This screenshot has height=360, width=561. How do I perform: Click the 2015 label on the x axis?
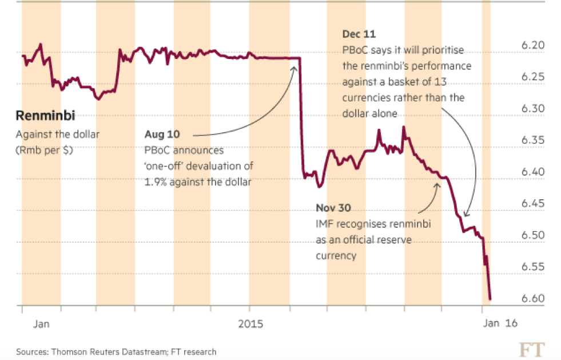[250, 324]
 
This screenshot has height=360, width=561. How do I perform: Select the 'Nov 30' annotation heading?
[333, 207]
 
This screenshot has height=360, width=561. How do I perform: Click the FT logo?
[531, 349]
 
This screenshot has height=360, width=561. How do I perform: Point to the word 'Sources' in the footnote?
[31, 351]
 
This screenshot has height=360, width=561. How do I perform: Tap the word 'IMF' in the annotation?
[325, 223]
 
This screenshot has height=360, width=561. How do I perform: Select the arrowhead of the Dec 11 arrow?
[465, 216]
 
